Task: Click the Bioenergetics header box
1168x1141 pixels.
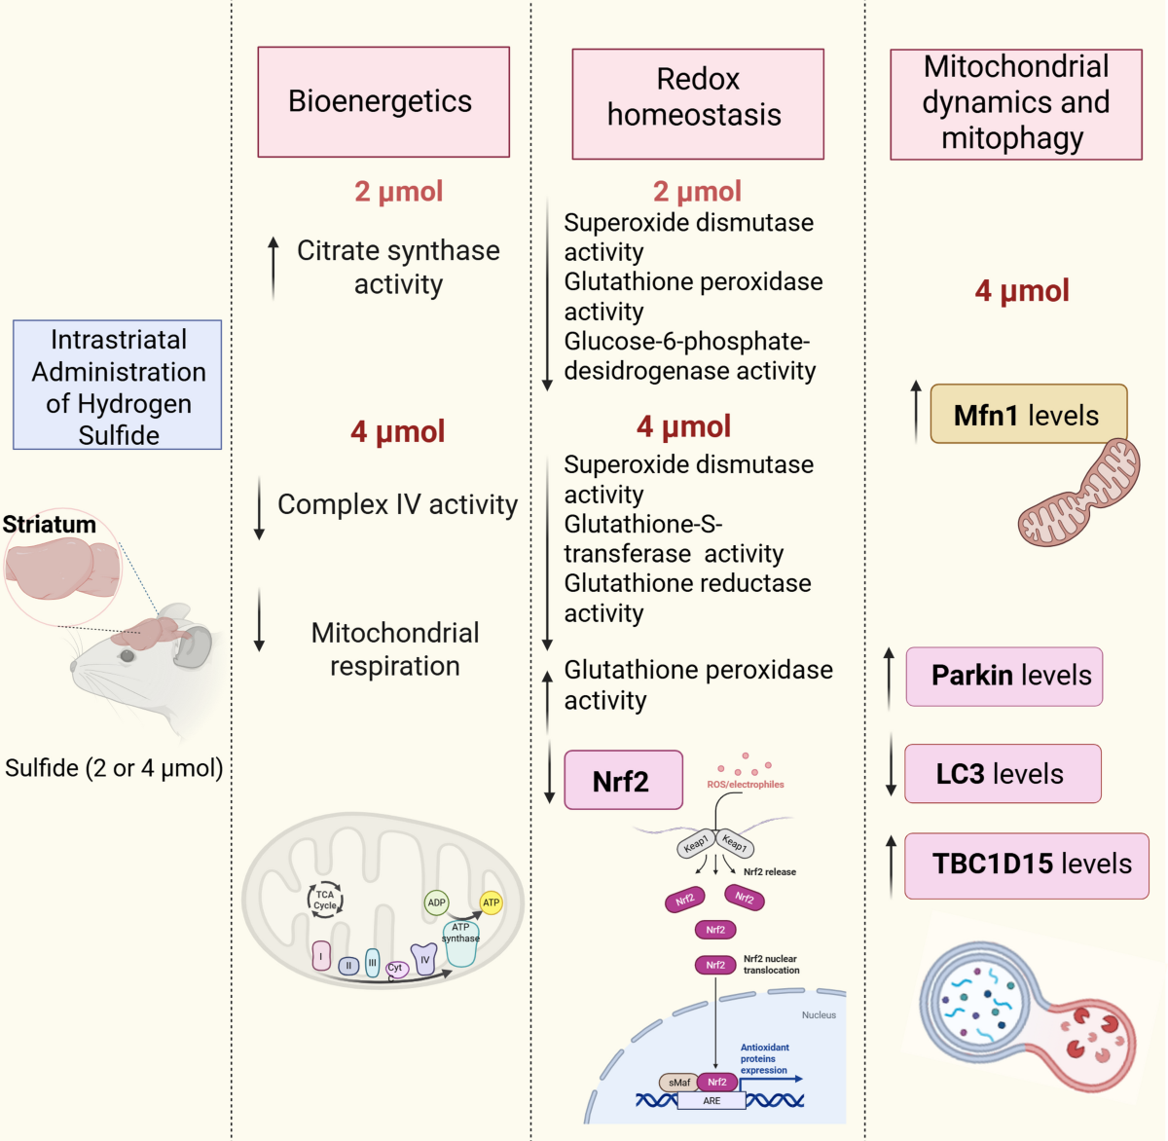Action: coord(383,102)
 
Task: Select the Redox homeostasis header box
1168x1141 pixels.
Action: coord(698,104)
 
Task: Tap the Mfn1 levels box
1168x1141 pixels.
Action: coord(1029,414)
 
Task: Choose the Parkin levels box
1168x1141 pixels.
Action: coord(1004,677)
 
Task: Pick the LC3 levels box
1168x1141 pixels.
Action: coord(1003,774)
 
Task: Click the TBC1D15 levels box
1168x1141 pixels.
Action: coord(1027,865)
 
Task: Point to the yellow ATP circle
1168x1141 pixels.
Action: coord(491,902)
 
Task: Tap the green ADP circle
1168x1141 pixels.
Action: coord(436,902)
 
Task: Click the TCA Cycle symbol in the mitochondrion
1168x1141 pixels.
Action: coord(325,900)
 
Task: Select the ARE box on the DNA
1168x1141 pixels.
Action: coord(712,1101)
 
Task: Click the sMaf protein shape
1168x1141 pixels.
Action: coord(678,1083)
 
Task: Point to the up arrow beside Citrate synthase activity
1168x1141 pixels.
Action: coord(274,269)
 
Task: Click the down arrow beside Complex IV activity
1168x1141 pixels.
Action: coord(259,508)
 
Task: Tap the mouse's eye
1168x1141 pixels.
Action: coord(128,656)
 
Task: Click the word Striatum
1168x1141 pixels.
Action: coord(50,525)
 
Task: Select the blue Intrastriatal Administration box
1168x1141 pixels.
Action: coord(118,385)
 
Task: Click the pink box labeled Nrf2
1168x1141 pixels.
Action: coord(624,780)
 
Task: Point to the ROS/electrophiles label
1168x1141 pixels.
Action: coord(746,785)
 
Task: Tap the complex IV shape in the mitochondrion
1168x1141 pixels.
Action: coord(423,959)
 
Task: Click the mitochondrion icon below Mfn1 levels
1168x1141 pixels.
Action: coord(1079,493)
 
